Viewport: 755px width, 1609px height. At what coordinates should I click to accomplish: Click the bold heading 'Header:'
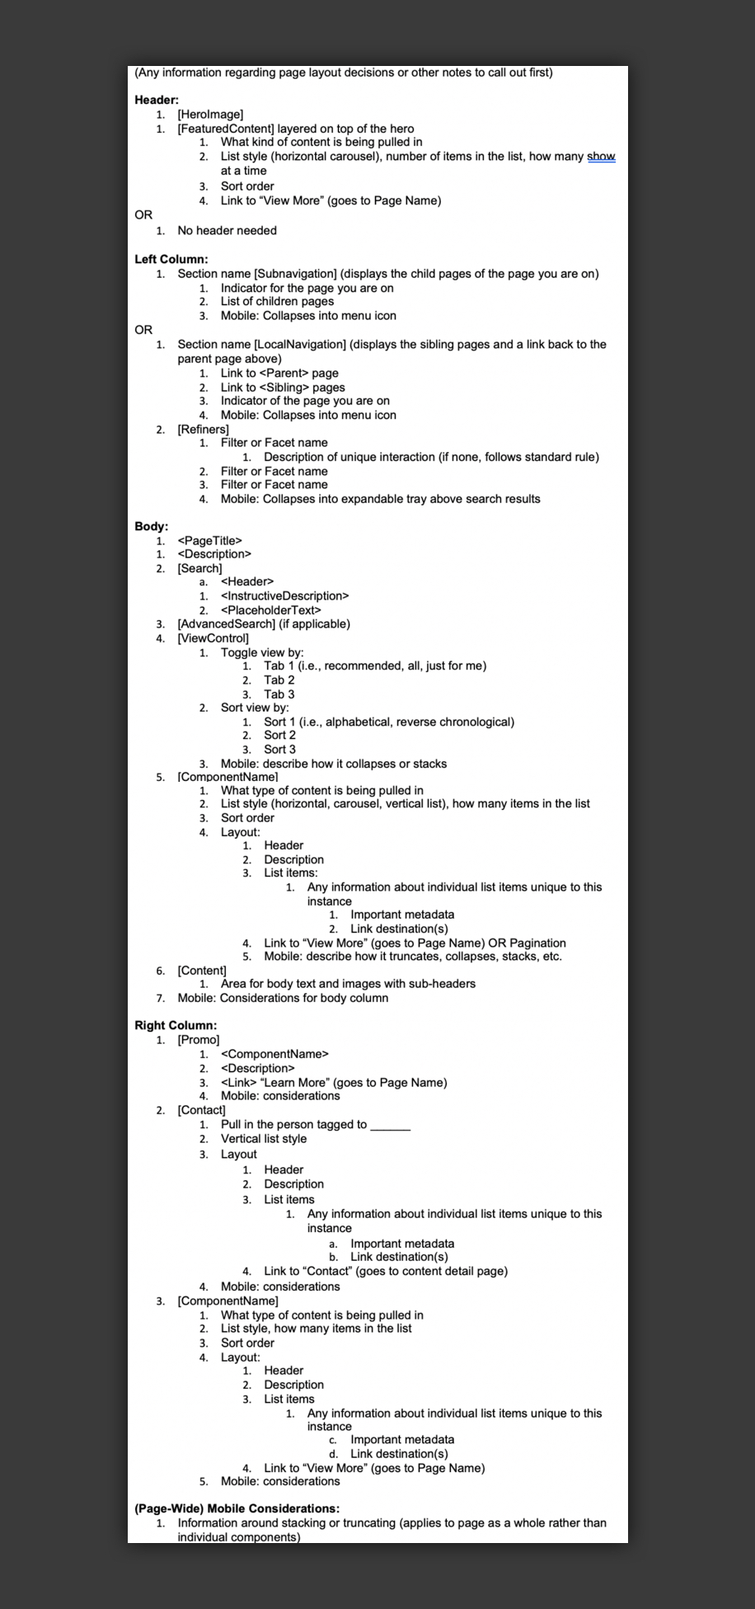click(157, 100)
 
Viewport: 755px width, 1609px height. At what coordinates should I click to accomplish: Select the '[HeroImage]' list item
click(210, 115)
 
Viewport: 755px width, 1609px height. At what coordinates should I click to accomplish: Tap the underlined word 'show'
click(601, 157)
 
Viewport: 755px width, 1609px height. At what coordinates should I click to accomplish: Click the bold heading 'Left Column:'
click(171, 259)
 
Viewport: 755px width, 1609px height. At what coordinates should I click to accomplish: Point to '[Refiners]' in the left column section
click(203, 429)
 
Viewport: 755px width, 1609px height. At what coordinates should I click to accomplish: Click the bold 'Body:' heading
click(151, 526)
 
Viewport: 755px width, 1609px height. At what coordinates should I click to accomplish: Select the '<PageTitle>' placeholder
click(209, 540)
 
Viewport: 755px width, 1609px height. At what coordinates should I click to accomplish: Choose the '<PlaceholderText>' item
click(270, 610)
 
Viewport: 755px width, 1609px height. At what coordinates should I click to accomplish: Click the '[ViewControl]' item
click(213, 638)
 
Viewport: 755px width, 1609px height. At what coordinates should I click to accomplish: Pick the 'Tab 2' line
click(279, 680)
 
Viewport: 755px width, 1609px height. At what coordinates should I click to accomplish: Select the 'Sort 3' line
click(279, 750)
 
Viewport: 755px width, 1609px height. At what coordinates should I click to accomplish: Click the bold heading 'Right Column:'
click(176, 1025)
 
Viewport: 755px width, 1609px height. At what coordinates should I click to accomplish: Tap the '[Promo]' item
click(198, 1040)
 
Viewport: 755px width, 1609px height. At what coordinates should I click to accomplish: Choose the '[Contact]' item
click(201, 1110)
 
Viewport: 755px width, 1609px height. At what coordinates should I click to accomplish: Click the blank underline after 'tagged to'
click(390, 1126)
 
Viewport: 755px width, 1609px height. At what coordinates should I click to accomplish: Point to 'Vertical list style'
click(263, 1139)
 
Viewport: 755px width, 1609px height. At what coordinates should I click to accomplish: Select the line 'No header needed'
click(227, 231)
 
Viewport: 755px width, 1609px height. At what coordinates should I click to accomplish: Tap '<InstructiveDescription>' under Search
click(284, 595)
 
